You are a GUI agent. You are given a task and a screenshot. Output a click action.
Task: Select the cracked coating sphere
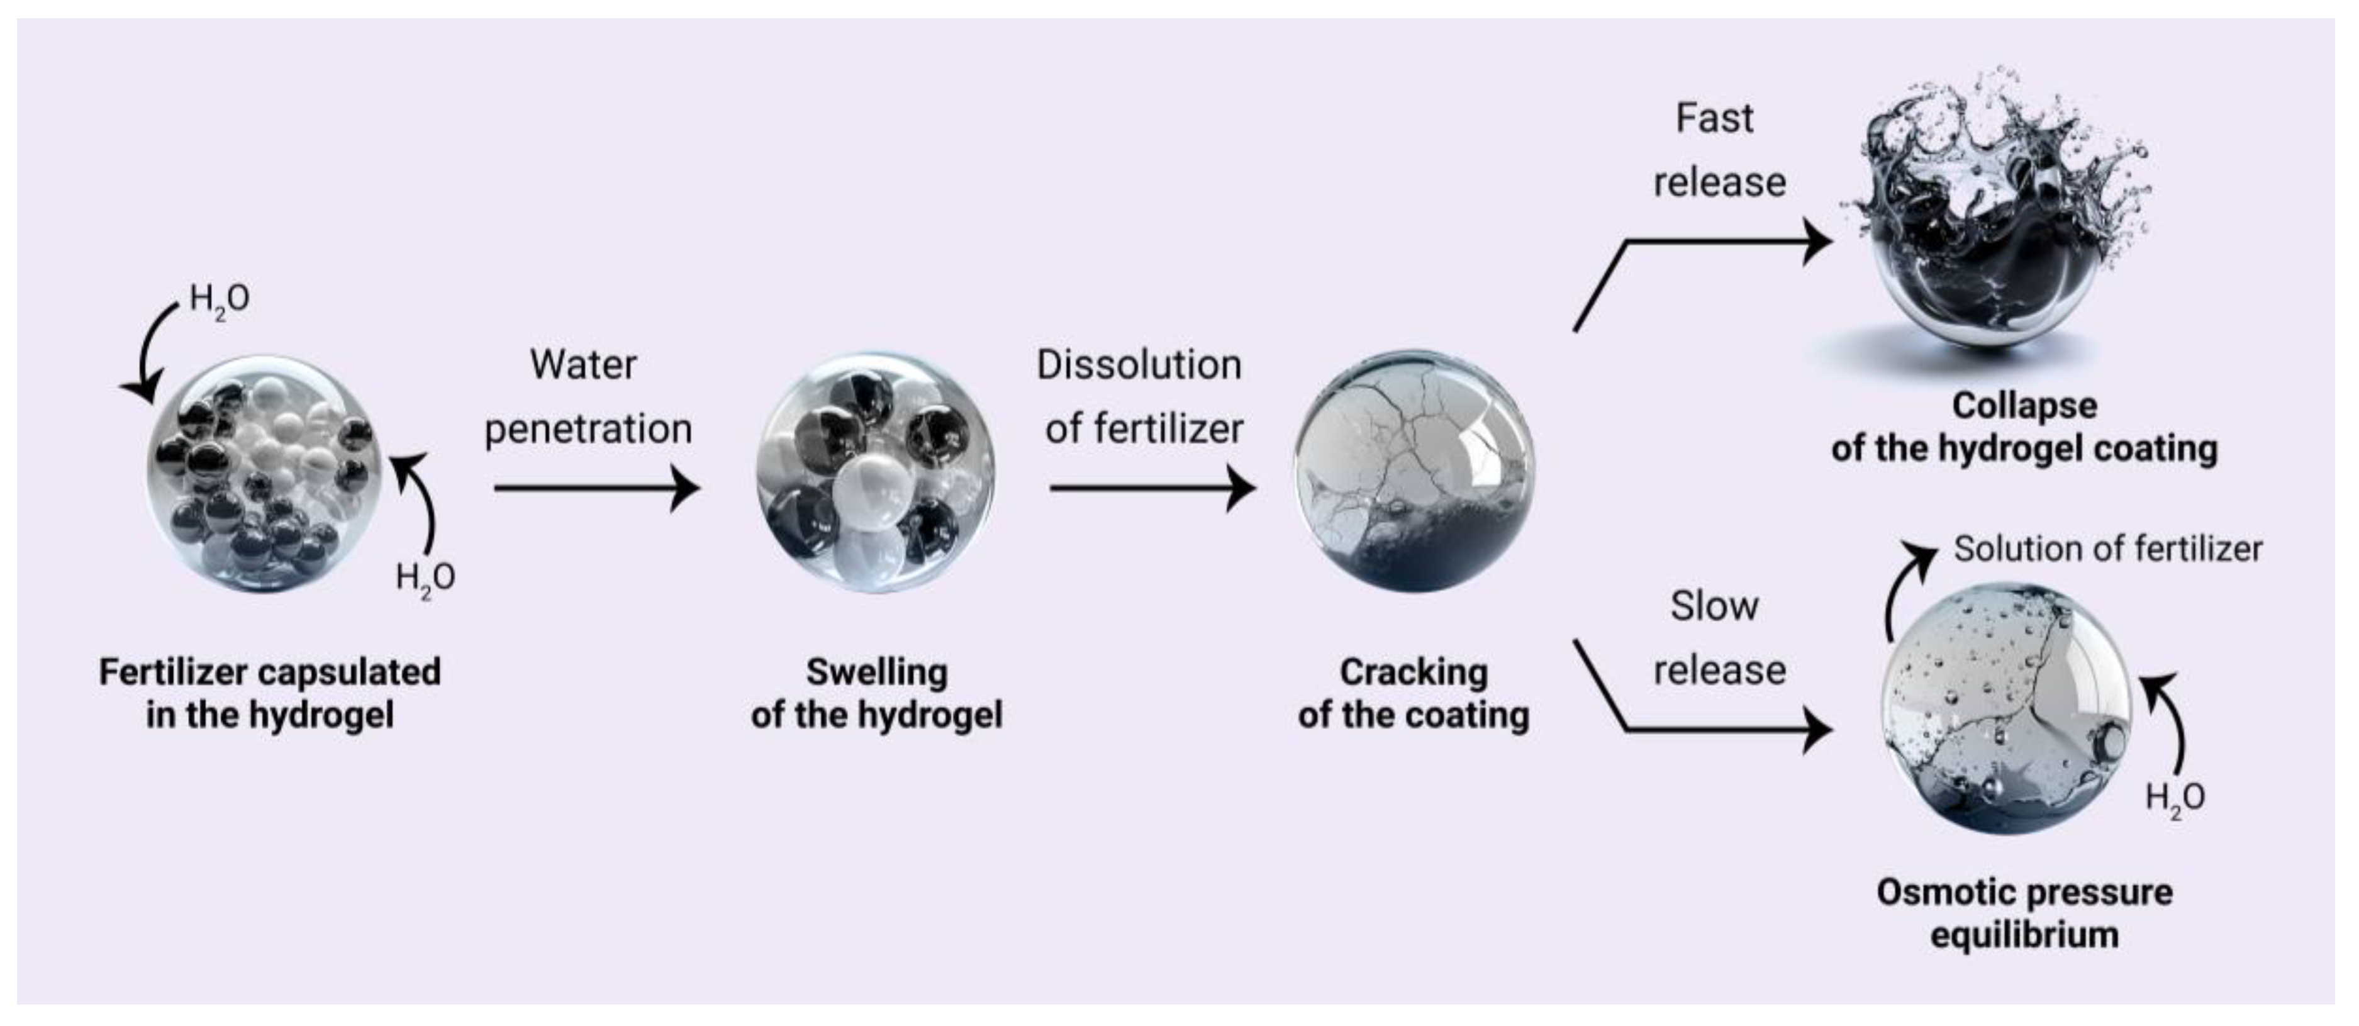(x=1414, y=471)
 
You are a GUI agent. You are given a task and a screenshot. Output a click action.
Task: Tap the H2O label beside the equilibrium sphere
(x=2174, y=798)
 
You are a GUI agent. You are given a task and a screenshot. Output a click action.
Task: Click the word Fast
(x=1714, y=118)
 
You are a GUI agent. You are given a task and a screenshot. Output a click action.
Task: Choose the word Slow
(x=1714, y=606)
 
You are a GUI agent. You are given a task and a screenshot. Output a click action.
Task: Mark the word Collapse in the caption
(x=2024, y=406)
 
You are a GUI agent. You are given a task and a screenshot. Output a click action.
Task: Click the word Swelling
(x=876, y=672)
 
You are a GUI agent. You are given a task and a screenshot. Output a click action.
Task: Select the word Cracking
(x=1413, y=672)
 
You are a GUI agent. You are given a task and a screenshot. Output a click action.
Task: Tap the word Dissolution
(x=1138, y=365)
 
